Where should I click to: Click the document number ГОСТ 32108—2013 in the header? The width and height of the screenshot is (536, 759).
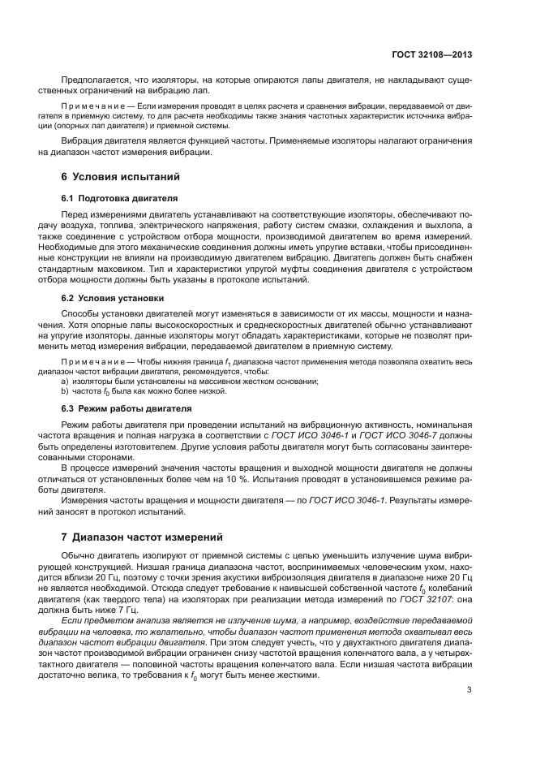[432, 54]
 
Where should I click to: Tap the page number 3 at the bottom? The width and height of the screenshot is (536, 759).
[470, 690]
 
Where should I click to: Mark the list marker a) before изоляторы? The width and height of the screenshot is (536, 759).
[66, 381]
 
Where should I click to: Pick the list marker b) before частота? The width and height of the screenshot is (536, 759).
[66, 390]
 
